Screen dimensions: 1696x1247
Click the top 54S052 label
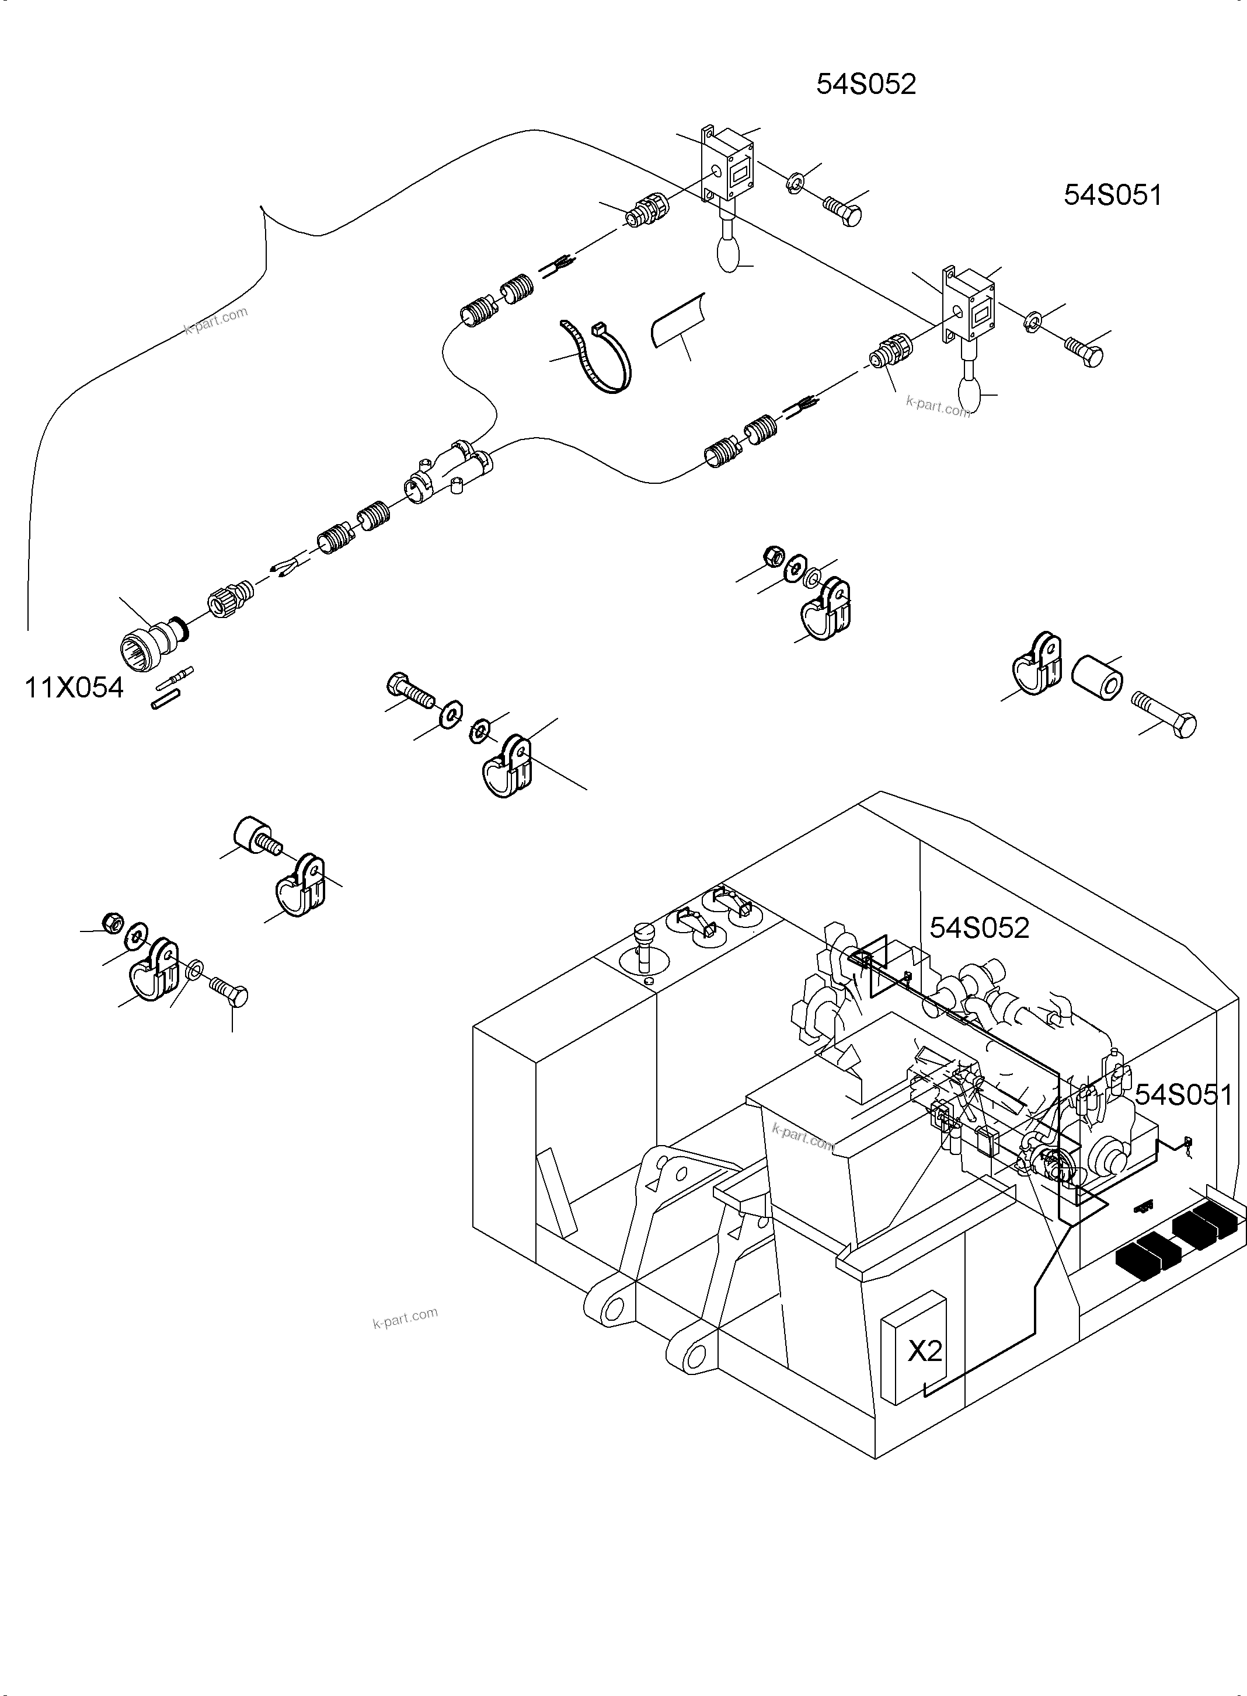(866, 85)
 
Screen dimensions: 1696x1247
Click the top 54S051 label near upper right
(1112, 196)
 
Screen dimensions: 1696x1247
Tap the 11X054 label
(74, 688)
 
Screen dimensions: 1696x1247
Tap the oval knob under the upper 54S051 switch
(971, 392)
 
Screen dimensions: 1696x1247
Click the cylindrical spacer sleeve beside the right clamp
(1096, 676)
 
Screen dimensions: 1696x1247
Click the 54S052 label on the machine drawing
(979, 928)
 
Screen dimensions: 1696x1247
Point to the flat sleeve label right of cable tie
(677, 322)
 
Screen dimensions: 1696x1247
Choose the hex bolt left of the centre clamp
(410, 691)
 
